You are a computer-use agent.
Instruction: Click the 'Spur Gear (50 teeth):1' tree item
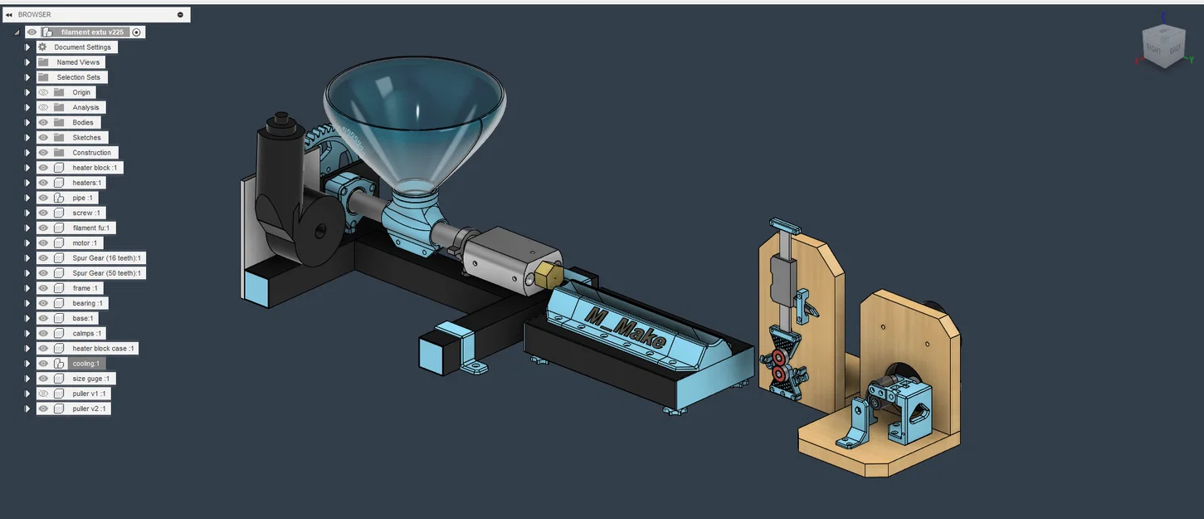click(106, 273)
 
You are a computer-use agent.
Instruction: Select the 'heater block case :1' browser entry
click(103, 349)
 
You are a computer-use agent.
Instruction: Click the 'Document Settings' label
click(82, 47)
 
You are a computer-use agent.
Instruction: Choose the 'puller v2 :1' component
click(90, 409)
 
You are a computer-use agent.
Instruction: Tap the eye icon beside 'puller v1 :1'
click(43, 394)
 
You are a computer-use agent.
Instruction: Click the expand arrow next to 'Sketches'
click(27, 138)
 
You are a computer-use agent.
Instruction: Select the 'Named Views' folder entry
click(78, 62)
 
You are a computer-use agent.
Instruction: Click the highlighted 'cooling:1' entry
click(86, 364)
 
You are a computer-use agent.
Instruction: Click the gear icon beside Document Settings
click(43, 47)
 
